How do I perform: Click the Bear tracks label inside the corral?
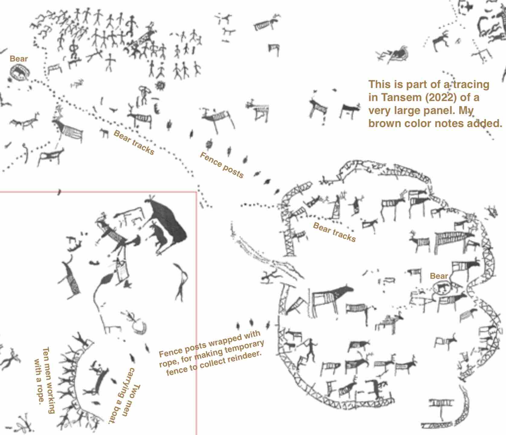334,232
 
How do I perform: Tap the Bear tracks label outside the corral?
134,142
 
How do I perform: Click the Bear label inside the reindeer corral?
439,276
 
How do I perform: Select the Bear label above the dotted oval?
19,59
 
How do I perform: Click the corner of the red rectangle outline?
196,192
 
